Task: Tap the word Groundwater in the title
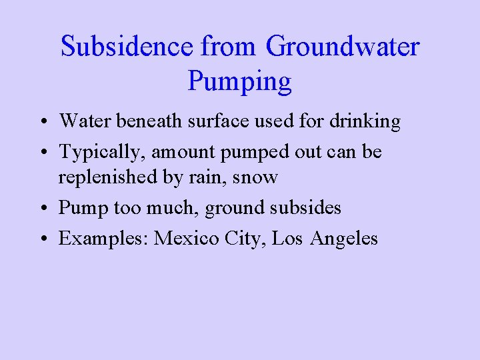tap(343, 47)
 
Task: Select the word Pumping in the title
tap(240, 81)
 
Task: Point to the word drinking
tap(368, 121)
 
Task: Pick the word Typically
tap(99, 152)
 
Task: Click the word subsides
tap(309, 208)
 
